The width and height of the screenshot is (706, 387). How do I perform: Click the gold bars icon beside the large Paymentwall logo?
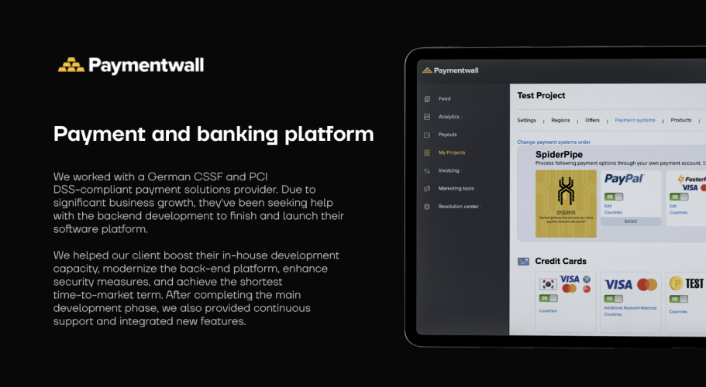71,65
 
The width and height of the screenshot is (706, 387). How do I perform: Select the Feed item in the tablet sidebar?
444,99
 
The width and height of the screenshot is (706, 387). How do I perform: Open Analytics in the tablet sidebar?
449,117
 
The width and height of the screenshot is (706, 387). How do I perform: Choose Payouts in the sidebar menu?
447,135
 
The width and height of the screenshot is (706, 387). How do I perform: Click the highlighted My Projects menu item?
451,152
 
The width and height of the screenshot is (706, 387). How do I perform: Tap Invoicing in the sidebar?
448,170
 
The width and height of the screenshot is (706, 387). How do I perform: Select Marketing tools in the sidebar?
456,188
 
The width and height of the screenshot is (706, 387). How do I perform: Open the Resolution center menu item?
459,207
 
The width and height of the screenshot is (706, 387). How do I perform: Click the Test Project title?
541,95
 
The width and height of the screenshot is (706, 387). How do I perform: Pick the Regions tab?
560,121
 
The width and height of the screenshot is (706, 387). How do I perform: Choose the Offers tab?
592,121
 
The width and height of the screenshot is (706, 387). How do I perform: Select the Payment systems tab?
635,121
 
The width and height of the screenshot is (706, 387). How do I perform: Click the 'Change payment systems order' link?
553,142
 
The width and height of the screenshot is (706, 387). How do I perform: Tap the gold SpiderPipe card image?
566,204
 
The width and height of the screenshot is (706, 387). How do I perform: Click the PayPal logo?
624,179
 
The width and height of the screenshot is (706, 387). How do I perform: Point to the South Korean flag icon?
549,283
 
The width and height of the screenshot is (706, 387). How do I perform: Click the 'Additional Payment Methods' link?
630,309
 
